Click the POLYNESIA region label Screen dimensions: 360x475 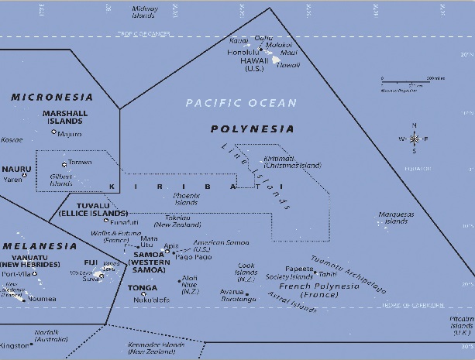tap(253, 129)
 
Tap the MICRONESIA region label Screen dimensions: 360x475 tap(52, 98)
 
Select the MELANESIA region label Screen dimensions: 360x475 tap(39, 246)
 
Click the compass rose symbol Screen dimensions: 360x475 tap(414, 139)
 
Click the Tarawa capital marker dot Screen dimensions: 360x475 tap(64, 165)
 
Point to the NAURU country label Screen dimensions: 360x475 tap(16, 169)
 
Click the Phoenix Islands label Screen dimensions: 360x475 tap(186, 199)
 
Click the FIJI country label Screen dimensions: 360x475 tap(91, 262)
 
